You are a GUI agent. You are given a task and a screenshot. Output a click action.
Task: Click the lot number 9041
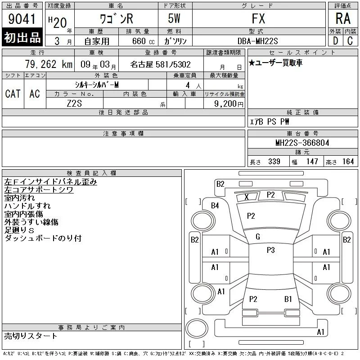(22, 19)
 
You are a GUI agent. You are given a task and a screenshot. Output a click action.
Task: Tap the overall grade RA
(343, 18)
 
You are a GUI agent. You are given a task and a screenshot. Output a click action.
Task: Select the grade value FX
(258, 18)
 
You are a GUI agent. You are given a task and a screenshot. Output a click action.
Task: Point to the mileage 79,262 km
(49, 64)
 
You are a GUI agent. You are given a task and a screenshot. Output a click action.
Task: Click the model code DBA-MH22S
(257, 41)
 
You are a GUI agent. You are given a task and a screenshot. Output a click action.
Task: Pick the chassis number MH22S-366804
(302, 143)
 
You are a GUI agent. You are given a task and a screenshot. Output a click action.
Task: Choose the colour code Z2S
(74, 103)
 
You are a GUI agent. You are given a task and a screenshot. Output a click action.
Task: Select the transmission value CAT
(13, 94)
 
